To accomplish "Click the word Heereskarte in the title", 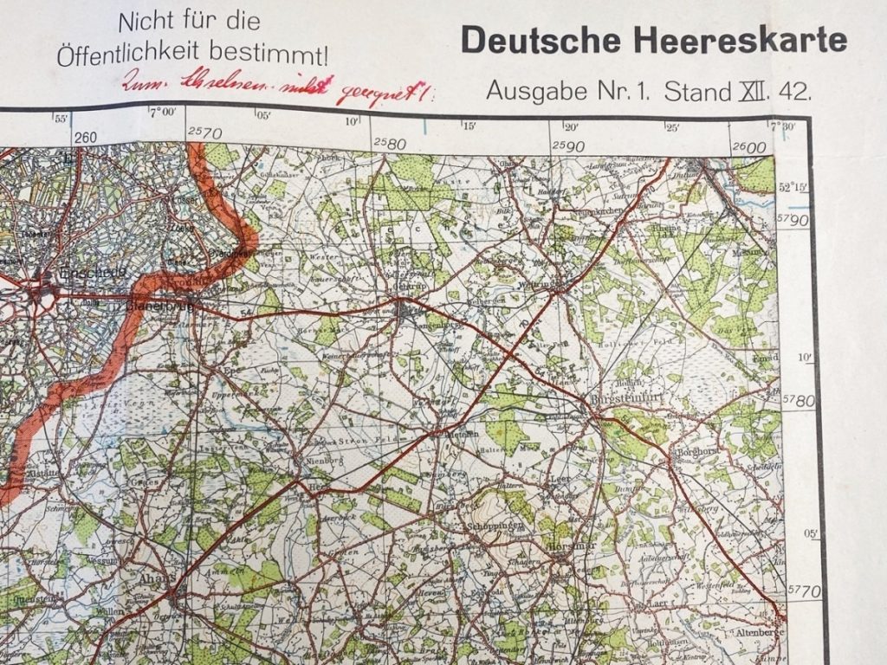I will tap(753, 40).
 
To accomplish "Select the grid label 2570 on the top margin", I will tap(204, 132).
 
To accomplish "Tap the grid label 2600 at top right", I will tap(748, 147).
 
